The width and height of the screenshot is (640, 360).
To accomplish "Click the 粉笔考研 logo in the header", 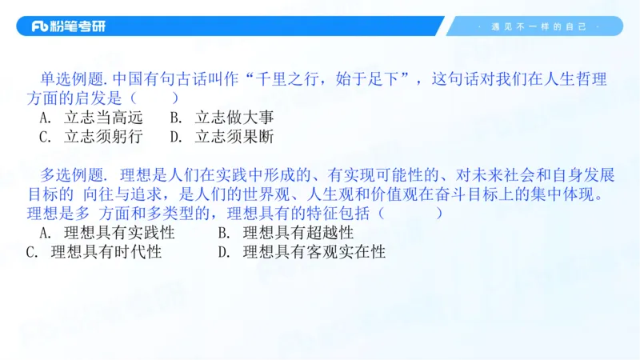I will [x=68, y=26].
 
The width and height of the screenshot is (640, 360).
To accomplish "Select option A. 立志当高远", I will [x=90, y=118].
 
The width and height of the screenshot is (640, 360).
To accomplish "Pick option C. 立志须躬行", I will [x=90, y=136].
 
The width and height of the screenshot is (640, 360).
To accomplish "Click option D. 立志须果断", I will [x=222, y=136].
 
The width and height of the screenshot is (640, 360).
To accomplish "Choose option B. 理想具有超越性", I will [x=286, y=233].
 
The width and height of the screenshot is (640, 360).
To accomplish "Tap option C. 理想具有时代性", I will [x=94, y=252].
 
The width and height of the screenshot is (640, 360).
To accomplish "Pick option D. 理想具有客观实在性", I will [x=302, y=252].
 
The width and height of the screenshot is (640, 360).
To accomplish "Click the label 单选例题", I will [x=73, y=79].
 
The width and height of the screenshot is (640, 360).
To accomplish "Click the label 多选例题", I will [x=73, y=175].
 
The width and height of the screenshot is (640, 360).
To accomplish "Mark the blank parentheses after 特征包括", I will [x=410, y=214].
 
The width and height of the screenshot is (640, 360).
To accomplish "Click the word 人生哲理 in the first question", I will [x=581, y=79].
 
